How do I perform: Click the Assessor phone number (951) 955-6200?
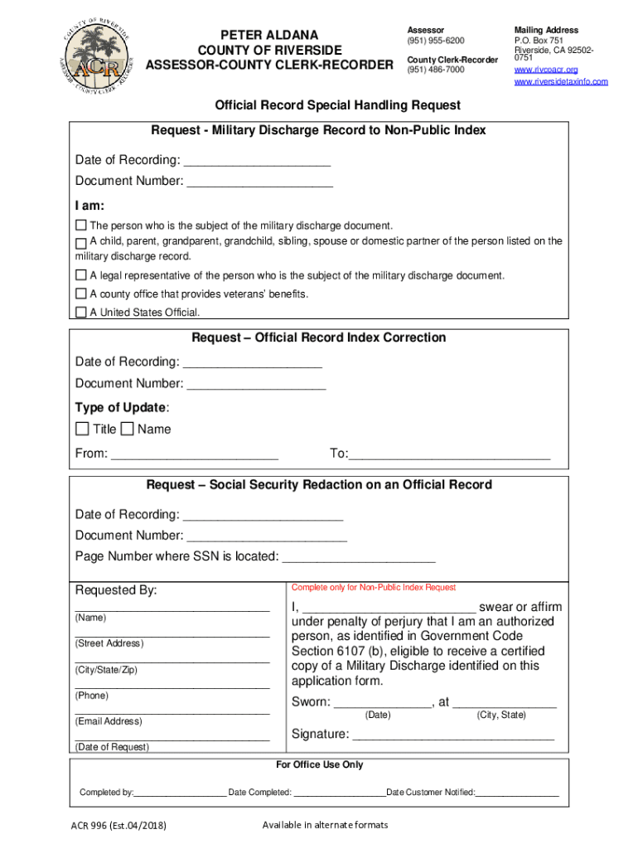(x=435, y=41)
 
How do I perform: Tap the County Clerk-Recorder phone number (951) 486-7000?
(x=435, y=70)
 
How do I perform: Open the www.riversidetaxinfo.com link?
(x=561, y=81)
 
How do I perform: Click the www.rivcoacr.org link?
(x=546, y=70)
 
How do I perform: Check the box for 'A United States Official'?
(x=81, y=313)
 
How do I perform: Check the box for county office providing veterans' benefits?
(x=81, y=294)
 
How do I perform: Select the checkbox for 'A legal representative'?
(x=81, y=275)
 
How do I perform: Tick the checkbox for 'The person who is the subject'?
(x=81, y=226)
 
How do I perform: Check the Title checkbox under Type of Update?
(x=82, y=429)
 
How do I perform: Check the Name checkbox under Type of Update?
(x=127, y=429)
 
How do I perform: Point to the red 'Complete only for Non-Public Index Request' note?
(x=374, y=587)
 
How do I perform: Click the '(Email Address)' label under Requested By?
(x=109, y=721)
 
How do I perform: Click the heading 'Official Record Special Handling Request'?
(x=337, y=105)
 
